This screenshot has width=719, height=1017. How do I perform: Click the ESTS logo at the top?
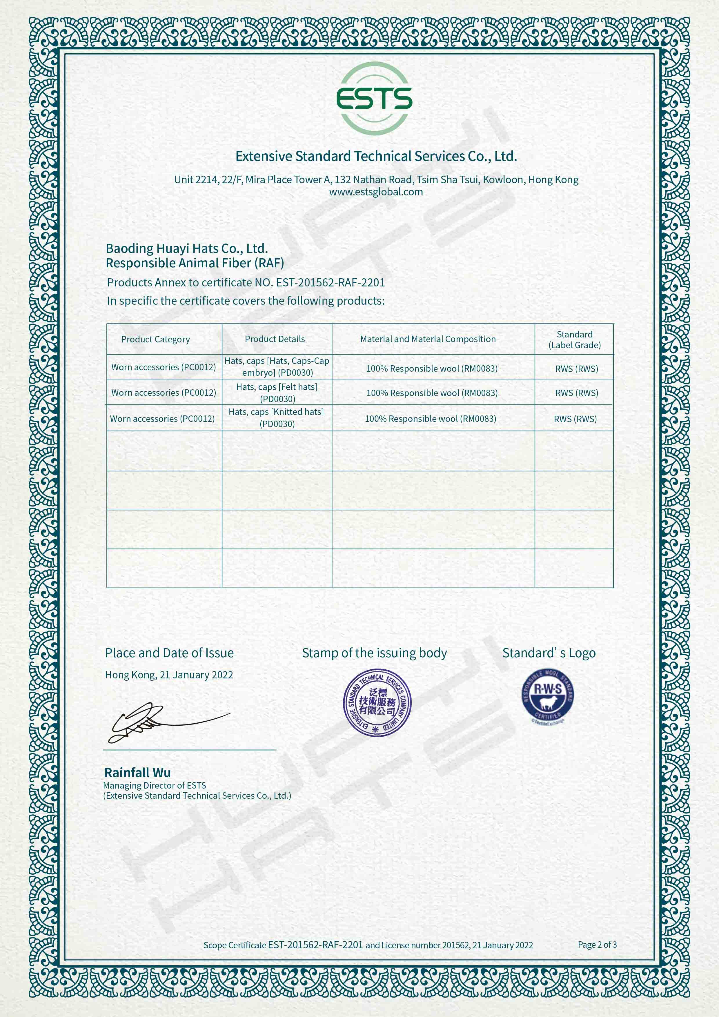coord(374,98)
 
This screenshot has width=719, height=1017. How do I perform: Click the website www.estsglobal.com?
coord(376,192)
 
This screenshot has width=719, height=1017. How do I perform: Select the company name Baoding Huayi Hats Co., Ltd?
coord(186,248)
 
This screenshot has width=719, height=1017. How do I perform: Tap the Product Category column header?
coord(155,339)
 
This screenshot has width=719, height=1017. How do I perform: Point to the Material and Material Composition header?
coord(428,339)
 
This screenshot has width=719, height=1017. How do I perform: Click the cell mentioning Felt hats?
coord(277,393)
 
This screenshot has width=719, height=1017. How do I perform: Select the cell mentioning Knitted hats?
coord(276,418)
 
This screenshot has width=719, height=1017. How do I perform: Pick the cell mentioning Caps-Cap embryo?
coord(277,367)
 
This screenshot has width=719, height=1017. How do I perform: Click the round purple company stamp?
coord(377,702)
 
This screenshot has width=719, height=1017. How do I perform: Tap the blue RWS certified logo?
coord(548,696)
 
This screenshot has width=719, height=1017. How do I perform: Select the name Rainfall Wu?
coord(137,773)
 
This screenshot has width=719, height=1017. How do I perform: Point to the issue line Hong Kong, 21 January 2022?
coord(169,675)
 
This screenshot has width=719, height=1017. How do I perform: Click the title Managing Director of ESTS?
coord(155,785)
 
